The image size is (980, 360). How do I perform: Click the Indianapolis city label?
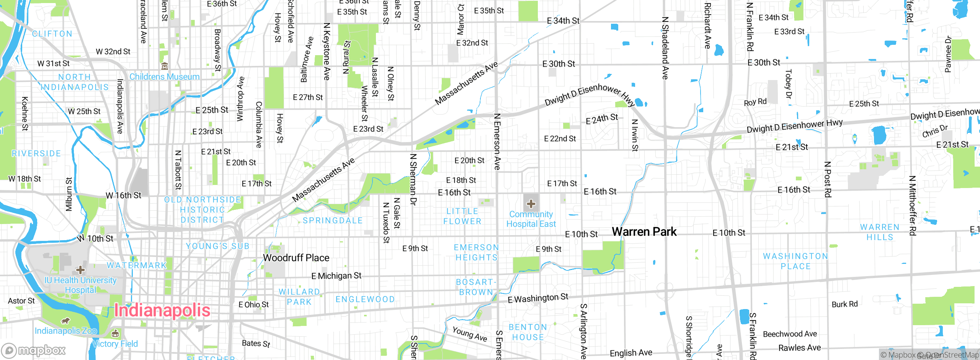162,310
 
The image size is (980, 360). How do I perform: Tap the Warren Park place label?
644,232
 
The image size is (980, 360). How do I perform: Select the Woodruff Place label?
296,258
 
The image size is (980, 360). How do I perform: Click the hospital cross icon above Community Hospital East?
531,203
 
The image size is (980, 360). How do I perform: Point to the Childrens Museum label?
164,77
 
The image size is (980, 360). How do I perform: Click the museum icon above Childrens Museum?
165,66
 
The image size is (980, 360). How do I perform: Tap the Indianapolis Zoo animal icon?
65,321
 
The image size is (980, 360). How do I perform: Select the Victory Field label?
115,344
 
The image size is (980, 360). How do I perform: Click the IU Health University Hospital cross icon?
80,270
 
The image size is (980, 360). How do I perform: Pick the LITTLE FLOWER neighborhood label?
462,216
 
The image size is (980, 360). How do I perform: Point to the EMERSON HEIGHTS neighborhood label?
476,252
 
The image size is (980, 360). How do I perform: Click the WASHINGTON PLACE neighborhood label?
795,261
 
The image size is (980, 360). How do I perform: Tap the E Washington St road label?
538,298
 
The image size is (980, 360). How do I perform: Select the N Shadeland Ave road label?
665,48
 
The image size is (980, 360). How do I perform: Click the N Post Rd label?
827,179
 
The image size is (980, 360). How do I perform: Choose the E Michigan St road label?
336,276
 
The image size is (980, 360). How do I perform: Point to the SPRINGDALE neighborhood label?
333,221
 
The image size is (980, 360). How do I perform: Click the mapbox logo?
34,350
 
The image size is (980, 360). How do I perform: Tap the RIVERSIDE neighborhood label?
36,154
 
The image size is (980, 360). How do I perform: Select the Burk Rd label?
844,304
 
